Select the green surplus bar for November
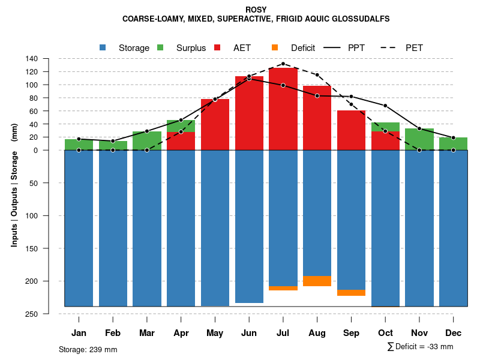click(419, 139)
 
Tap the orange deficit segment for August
click(317, 281)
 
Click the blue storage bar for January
click(79, 228)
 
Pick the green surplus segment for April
click(181, 125)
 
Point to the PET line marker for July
click(283, 64)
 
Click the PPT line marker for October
click(385, 106)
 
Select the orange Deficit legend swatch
click(275, 47)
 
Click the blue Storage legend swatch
click(103, 47)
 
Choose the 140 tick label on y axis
click(32, 59)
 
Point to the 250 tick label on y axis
click(32, 314)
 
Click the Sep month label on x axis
click(351, 333)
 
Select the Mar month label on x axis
click(147, 333)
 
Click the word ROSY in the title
click(256, 10)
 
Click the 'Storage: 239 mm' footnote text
click(88, 349)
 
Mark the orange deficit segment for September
click(351, 293)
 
